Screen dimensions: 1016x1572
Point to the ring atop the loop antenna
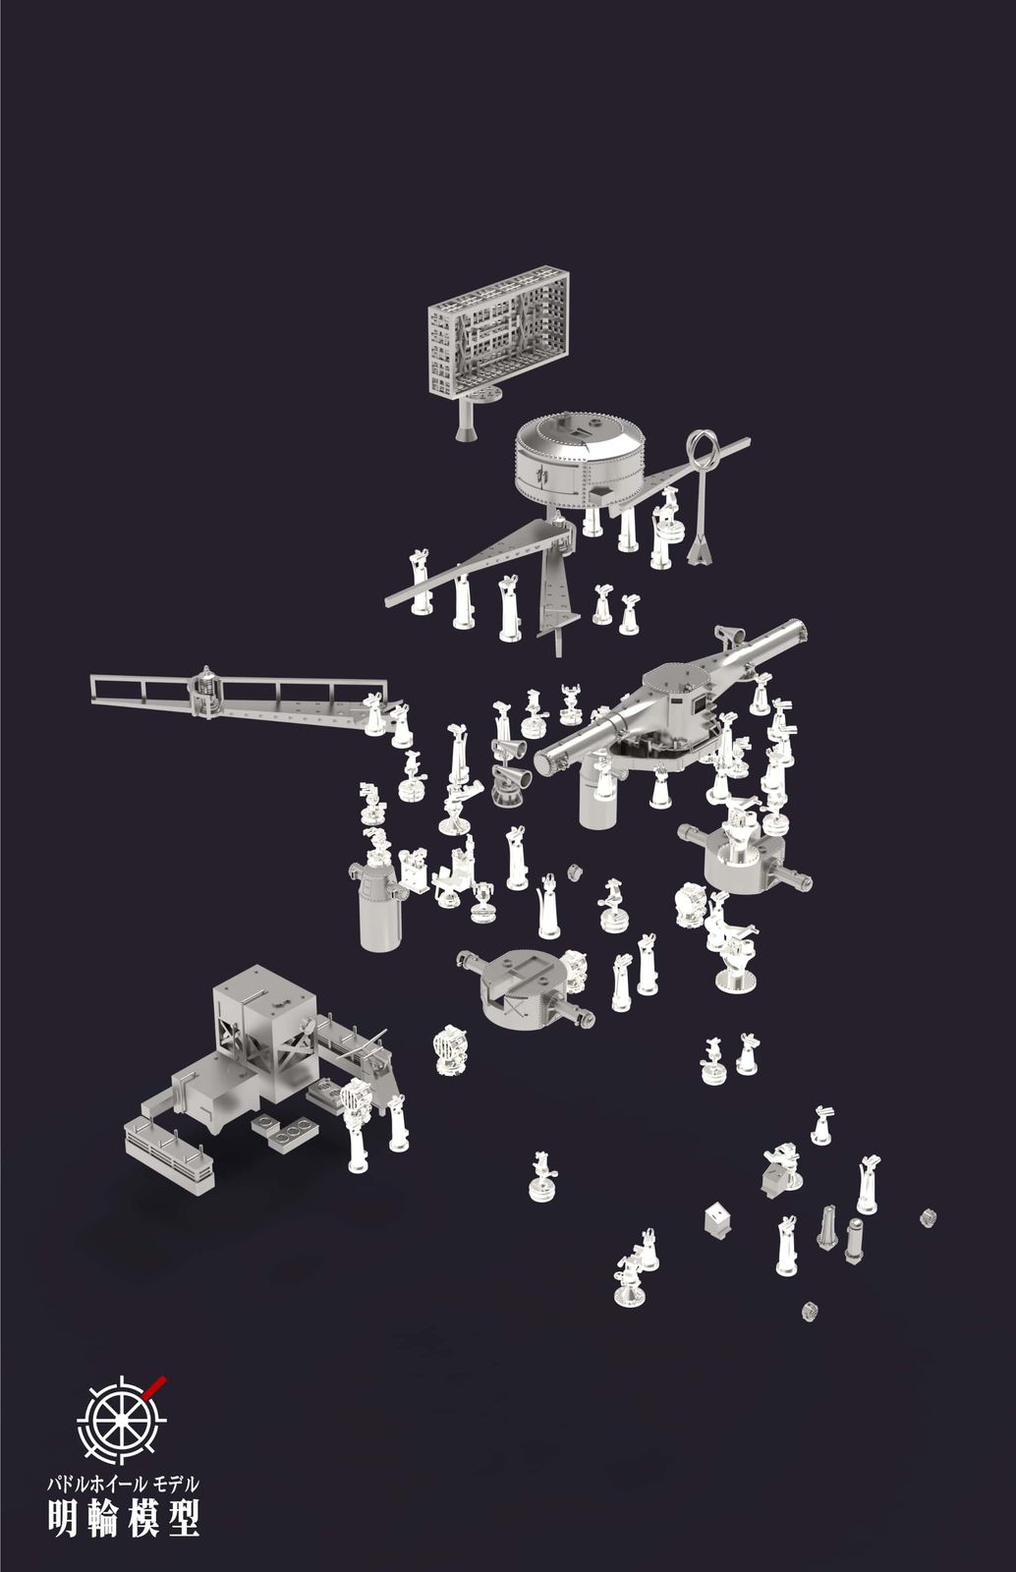point(702,446)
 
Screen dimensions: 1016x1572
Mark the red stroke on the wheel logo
point(156,1384)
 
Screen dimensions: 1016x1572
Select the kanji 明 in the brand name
point(63,1513)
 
